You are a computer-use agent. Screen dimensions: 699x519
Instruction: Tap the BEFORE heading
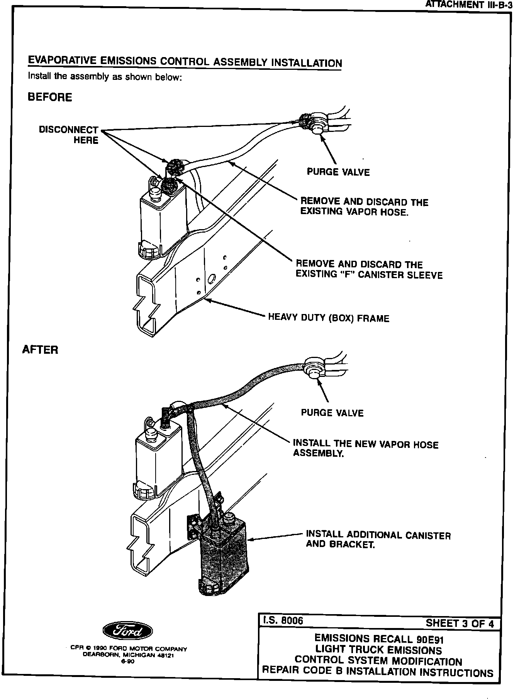pos(50,97)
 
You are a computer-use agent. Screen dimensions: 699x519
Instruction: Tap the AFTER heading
pos(41,350)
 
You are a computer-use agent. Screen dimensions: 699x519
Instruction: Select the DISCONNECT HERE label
pos(69,135)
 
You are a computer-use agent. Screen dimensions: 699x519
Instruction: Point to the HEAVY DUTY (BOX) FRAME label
pos(329,318)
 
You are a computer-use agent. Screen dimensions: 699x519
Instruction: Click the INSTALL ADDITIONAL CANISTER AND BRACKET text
pos(378,540)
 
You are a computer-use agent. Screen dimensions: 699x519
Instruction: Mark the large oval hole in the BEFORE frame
pos(211,279)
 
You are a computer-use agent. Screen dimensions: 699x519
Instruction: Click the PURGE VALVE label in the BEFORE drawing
pos(338,172)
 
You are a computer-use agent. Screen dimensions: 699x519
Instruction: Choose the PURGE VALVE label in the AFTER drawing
pos(332,413)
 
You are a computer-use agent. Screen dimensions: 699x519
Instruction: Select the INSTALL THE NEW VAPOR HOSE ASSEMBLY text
pos(366,448)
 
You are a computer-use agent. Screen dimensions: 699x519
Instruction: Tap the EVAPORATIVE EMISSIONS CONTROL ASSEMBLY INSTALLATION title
pos(185,61)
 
